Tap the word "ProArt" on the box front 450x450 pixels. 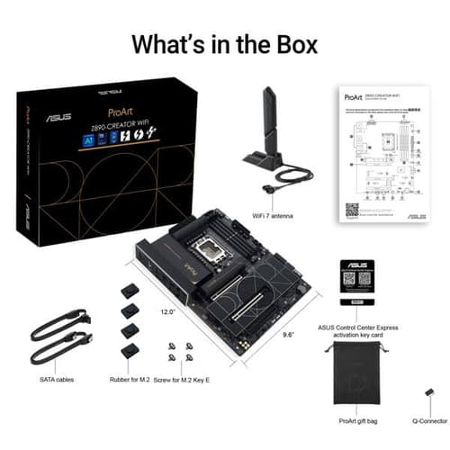(x=122, y=114)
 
